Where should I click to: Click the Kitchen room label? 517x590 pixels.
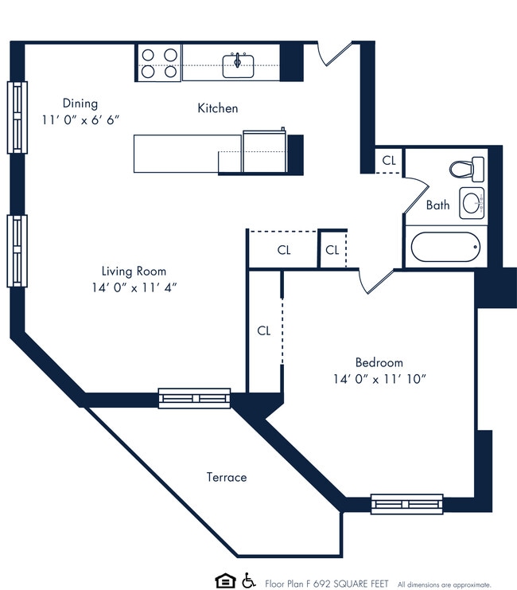[x=217, y=108]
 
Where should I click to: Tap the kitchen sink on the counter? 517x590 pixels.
[x=238, y=64]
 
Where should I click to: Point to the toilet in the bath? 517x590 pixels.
[x=467, y=169]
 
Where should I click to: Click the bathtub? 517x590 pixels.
[x=447, y=248]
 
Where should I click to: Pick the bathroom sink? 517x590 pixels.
[x=472, y=203]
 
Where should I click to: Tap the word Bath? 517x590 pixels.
[x=437, y=205]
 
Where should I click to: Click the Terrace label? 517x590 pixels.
[x=227, y=477]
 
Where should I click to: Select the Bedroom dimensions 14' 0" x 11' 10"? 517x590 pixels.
[x=379, y=379]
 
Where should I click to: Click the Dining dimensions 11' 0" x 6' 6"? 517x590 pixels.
[x=80, y=119]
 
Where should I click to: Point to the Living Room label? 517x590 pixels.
[x=134, y=271]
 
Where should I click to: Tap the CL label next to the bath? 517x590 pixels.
[x=388, y=160]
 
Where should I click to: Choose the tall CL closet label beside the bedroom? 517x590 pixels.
[x=264, y=330]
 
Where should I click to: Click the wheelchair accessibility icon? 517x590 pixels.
[x=249, y=580]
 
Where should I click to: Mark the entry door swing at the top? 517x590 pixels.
[x=332, y=54]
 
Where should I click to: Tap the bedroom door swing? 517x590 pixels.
[x=375, y=280]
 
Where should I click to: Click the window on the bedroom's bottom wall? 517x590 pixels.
[x=406, y=503]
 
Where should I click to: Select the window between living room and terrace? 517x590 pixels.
[x=194, y=398]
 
